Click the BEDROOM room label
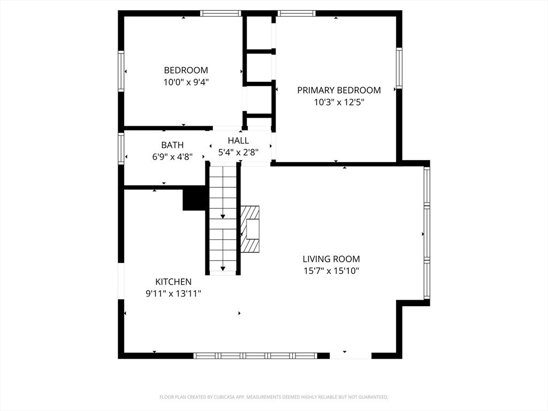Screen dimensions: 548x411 [186, 70]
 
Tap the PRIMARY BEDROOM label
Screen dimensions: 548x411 [339, 90]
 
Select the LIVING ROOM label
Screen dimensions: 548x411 [331, 259]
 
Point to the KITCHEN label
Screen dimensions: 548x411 [173, 281]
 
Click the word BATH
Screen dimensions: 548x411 [172, 145]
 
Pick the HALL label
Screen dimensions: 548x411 [238, 141]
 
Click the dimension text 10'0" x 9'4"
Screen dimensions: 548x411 [186, 82]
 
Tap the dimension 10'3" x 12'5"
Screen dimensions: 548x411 [339, 102]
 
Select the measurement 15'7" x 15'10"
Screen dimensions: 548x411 [331, 271]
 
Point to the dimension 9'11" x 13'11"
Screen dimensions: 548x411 [173, 294]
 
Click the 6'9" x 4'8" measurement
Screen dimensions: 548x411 [172, 157]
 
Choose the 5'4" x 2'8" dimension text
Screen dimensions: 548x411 [238, 153]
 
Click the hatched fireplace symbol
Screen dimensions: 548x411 [250, 229]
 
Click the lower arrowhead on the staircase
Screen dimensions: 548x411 [223, 269]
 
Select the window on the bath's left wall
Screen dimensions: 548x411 [121, 148]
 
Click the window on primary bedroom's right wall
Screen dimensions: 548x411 [399, 68]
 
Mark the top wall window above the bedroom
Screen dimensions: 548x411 [221, 13]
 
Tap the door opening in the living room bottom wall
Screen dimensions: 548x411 [351, 356]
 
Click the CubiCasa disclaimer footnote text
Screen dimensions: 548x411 [273, 397]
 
